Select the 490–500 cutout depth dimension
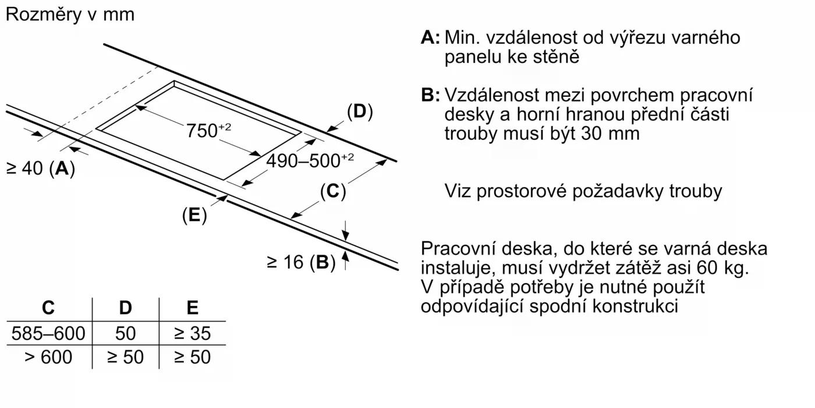coord(309,160)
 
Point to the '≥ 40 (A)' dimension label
coord(40,168)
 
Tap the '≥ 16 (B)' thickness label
coord(301,262)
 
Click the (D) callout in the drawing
coord(359,111)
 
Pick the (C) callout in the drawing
coord(333,191)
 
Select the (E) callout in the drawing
coord(194,215)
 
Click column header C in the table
coord(49,308)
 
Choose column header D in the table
coord(125,308)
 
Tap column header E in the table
coord(192,308)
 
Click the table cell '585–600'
coord(48,333)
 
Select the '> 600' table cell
coord(48,357)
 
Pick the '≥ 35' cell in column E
coord(192,333)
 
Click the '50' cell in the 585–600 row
coord(125,333)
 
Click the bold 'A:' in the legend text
coord(430,38)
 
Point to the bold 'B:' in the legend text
coord(430,95)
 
